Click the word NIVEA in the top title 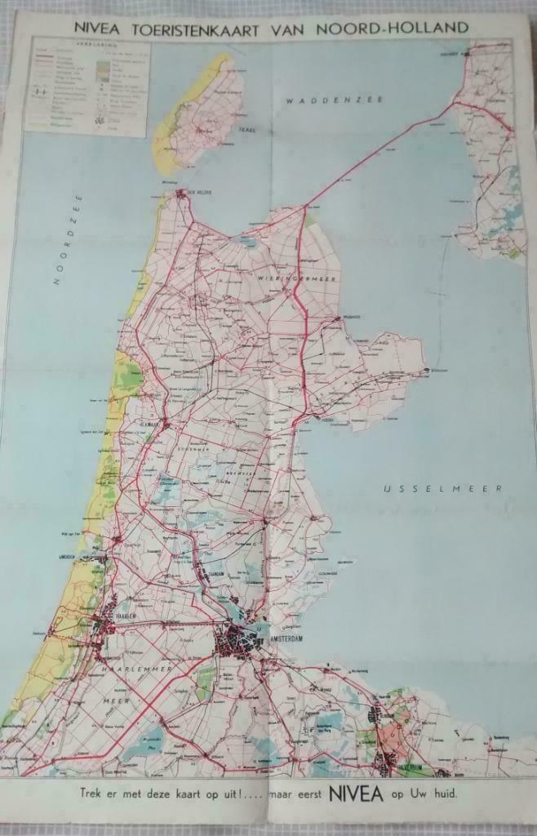click(x=99, y=28)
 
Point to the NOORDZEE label click(x=69, y=239)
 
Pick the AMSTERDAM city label click(x=279, y=639)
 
